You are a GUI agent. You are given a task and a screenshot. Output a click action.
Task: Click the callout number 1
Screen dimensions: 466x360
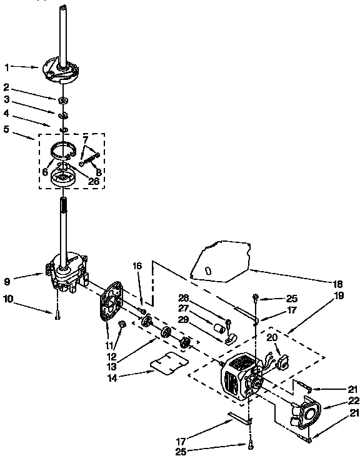point(7,66)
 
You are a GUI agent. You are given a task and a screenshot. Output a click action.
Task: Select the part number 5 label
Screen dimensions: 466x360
point(7,130)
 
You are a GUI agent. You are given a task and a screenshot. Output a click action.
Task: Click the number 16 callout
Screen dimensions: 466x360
point(138,265)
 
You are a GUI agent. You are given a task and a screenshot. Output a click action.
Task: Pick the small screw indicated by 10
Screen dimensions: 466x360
point(57,315)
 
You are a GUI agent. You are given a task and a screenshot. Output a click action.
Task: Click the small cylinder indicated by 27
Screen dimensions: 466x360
point(219,327)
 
